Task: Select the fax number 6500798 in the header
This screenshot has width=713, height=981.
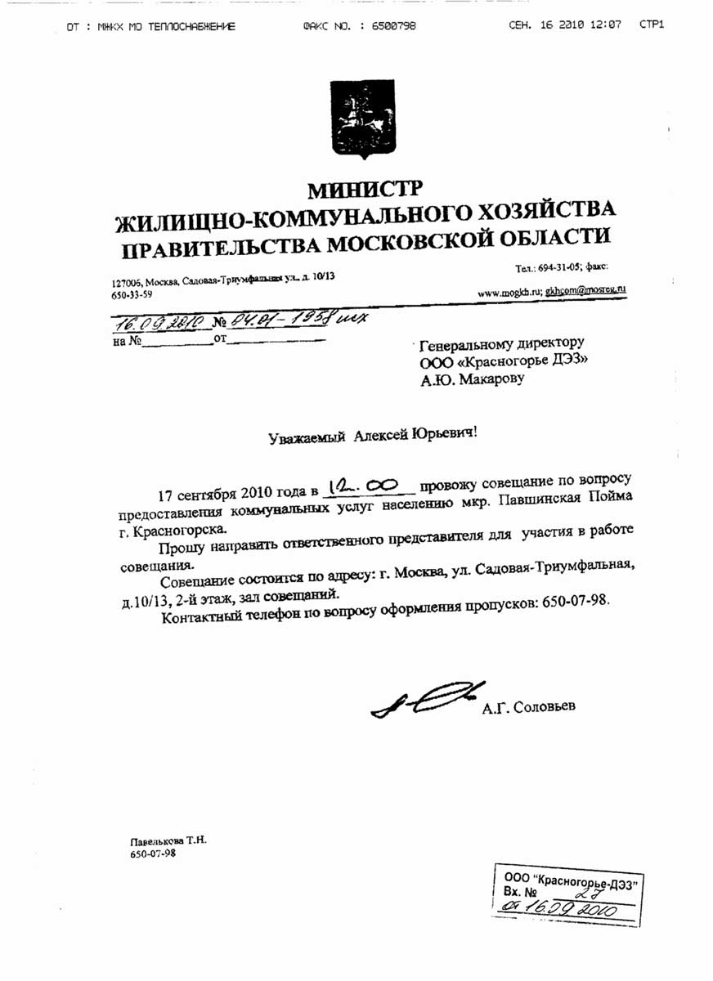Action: point(393,26)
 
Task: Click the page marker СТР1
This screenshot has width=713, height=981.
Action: point(652,25)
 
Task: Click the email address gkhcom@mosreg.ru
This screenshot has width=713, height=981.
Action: point(585,289)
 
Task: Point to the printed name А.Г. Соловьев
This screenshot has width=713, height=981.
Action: point(535,706)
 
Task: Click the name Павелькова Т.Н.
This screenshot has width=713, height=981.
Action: point(168,840)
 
